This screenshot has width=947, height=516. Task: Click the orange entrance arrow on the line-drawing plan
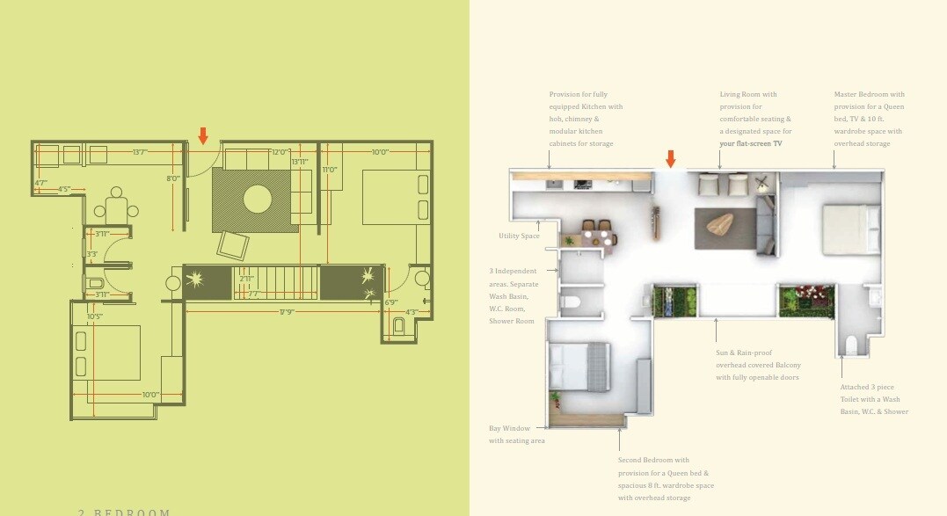(203, 135)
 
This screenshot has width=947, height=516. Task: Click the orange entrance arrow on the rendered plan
(671, 158)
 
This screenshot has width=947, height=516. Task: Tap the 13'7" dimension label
(139, 152)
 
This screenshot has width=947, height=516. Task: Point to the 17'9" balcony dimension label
(287, 311)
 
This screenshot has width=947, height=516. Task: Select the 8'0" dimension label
(172, 178)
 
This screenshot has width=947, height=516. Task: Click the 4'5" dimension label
(64, 188)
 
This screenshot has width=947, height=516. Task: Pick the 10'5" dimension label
(95, 316)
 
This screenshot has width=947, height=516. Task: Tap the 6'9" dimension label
(391, 302)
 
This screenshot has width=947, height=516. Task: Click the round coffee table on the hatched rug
(257, 200)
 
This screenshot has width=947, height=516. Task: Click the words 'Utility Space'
(519, 236)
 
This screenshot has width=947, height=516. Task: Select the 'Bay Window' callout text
(510, 428)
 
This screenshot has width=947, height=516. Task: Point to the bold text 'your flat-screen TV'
(750, 143)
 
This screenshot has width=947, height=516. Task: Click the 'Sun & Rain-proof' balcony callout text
(746, 352)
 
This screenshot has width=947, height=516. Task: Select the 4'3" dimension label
(412, 312)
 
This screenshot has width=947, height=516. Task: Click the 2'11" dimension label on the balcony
(247, 279)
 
